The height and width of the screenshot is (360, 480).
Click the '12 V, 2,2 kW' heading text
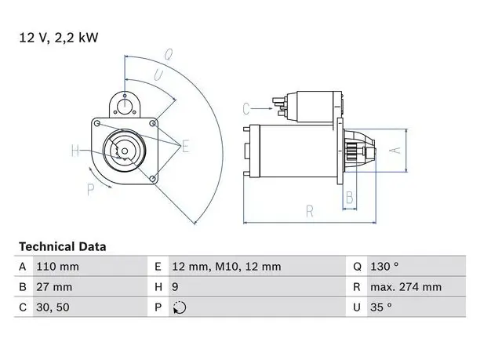coord(59,38)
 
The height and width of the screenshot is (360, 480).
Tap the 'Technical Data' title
coord(63,247)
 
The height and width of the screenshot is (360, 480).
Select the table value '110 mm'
coord(57,267)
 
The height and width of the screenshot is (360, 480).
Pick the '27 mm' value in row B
coord(54,287)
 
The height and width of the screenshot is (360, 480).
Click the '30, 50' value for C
coord(53,307)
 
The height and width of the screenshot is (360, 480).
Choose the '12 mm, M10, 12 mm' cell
coord(226,267)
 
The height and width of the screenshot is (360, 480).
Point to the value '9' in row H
coord(175,287)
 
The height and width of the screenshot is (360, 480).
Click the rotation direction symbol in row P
coord(180,307)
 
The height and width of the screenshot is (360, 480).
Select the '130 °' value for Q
coord(384,267)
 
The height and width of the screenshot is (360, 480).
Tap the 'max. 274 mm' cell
coord(406,287)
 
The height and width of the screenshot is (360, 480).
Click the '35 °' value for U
coord(381,307)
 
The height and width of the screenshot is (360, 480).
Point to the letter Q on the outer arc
coord(168,54)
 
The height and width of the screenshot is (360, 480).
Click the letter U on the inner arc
coord(158,75)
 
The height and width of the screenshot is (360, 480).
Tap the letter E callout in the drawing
coord(185,146)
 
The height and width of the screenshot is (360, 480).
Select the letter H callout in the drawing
coord(75,151)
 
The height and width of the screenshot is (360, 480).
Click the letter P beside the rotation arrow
coord(90,190)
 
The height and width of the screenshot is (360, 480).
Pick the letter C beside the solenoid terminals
coord(246,109)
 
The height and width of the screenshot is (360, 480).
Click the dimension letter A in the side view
coord(396,151)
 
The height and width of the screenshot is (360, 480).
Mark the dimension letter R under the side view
coord(310,211)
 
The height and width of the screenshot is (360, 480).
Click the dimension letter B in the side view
coord(349,198)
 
